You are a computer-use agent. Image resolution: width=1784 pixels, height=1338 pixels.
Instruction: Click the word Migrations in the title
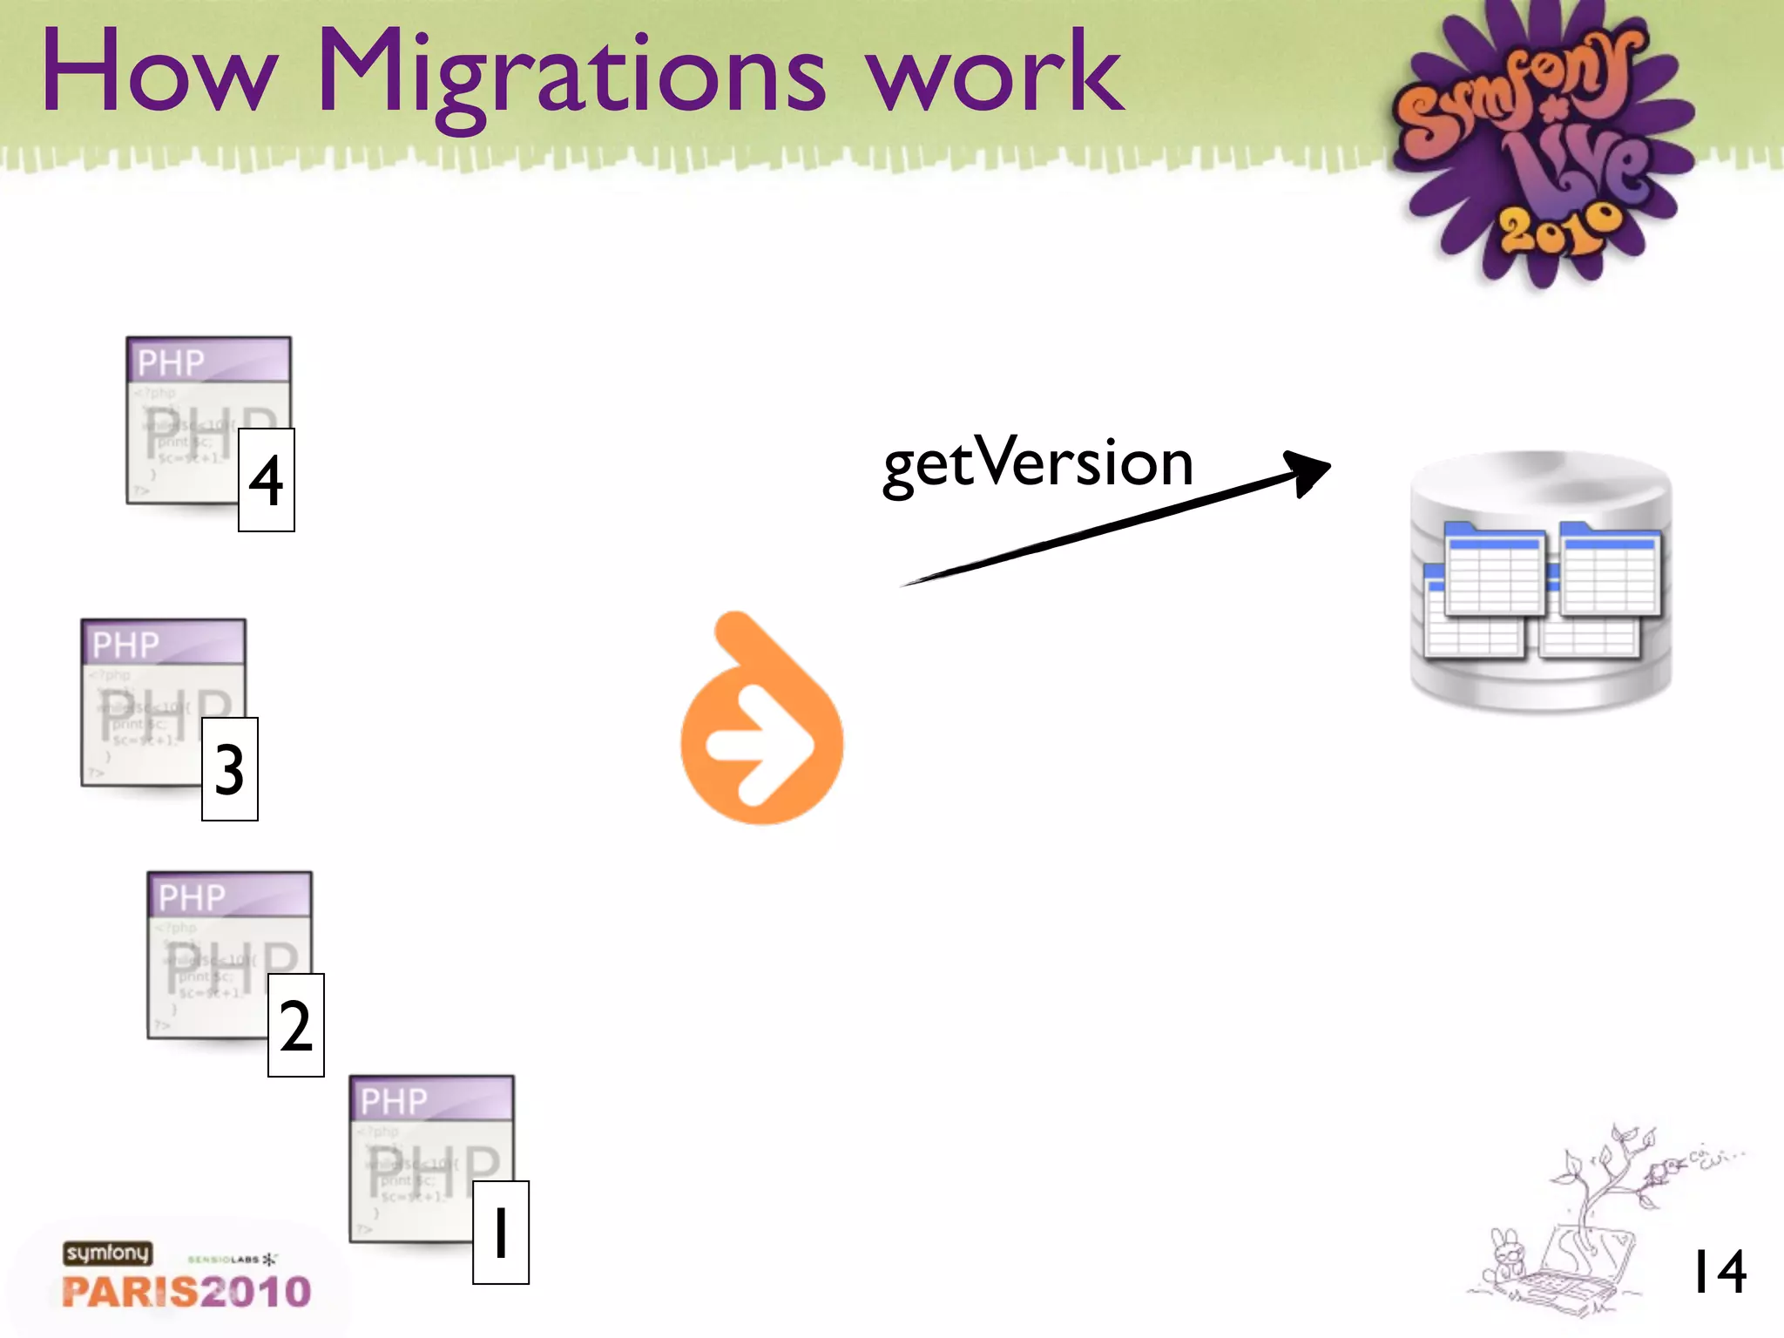(x=571, y=74)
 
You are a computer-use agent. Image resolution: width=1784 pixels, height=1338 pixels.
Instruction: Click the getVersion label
(x=1037, y=463)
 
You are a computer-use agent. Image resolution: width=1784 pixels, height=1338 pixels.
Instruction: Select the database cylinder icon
(x=1540, y=581)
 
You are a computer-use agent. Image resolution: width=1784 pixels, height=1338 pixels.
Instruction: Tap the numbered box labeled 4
(x=267, y=480)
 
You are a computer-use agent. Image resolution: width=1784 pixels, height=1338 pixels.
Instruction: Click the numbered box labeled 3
(x=230, y=769)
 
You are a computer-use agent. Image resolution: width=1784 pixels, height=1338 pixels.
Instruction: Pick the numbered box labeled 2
(x=296, y=1025)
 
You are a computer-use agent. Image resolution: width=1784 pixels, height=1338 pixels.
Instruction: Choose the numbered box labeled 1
(x=501, y=1233)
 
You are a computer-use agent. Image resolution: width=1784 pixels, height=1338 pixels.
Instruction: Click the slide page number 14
(x=1718, y=1272)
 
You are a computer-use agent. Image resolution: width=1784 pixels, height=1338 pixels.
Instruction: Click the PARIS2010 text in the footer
(x=186, y=1292)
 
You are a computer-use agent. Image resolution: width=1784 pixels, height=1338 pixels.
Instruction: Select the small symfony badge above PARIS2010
(x=107, y=1253)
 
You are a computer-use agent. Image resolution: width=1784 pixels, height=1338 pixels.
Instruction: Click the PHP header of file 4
(x=209, y=361)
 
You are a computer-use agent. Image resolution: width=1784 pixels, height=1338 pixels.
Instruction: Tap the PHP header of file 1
(x=432, y=1099)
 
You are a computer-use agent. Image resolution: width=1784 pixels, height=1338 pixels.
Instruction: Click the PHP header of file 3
(x=164, y=643)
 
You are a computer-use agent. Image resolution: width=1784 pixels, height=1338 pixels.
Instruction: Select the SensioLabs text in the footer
(x=224, y=1260)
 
